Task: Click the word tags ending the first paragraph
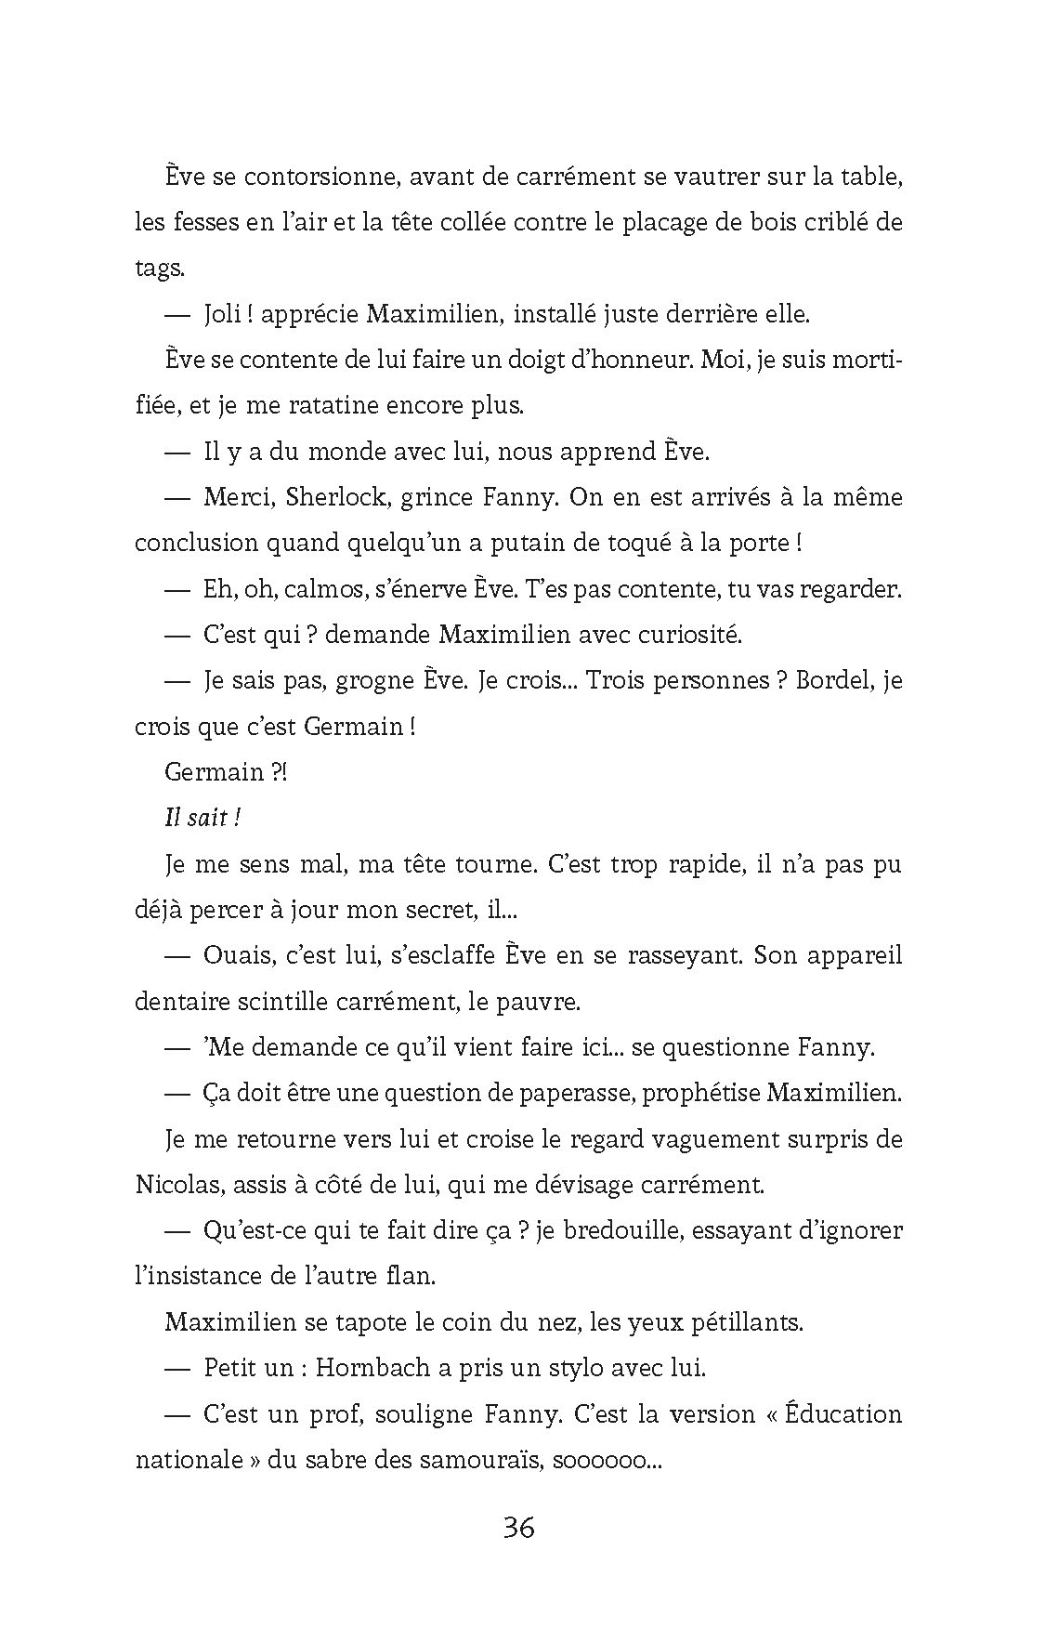pyautogui.click(x=159, y=269)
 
